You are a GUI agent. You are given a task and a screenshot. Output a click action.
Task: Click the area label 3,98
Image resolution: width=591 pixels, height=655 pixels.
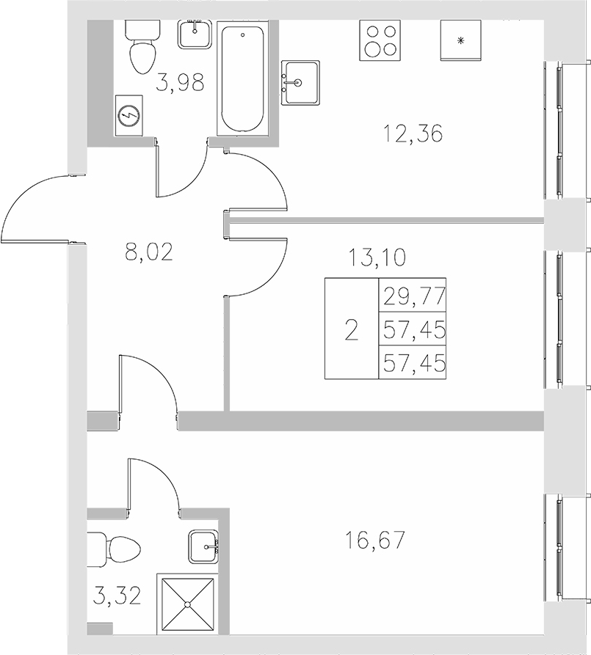(179, 82)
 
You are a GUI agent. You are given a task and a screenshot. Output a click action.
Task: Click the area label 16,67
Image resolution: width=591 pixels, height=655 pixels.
(374, 541)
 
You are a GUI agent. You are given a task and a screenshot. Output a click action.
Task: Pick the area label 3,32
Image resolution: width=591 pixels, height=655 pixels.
(117, 591)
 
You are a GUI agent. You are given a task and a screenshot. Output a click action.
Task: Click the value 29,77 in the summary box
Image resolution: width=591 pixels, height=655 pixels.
(413, 299)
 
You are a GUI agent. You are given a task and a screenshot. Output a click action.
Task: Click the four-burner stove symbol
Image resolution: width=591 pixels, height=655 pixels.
(379, 40)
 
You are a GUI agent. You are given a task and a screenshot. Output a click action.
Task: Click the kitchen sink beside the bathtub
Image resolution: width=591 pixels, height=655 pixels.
(300, 82)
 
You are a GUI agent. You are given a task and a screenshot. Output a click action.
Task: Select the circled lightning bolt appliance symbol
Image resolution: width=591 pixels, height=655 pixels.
(130, 115)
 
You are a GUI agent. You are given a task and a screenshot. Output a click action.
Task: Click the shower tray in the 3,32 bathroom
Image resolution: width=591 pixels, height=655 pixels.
(189, 604)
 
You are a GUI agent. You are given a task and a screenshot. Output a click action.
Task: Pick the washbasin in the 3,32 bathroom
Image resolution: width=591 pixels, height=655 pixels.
(204, 546)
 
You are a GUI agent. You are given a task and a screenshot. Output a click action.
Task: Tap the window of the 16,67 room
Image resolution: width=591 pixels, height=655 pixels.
(559, 546)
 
